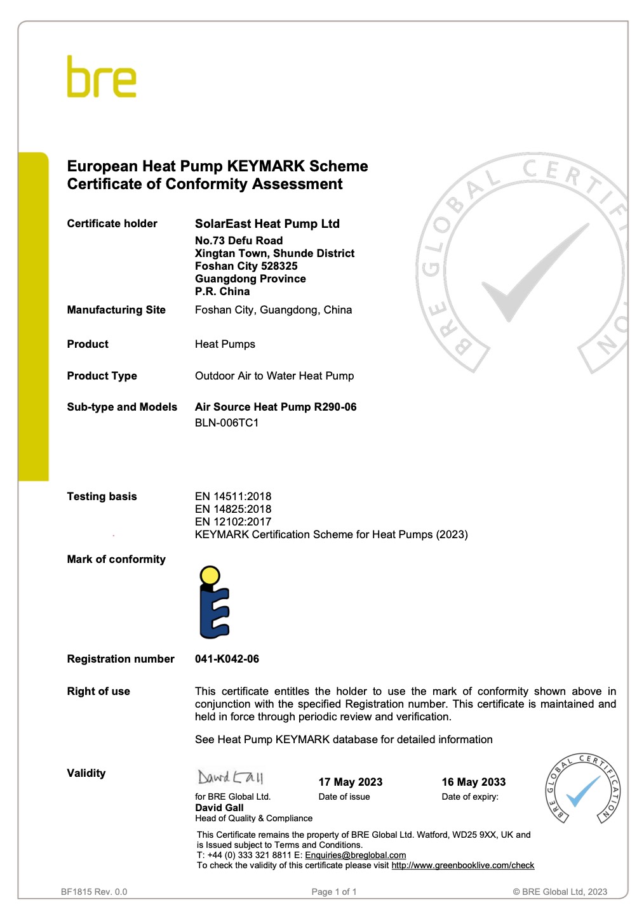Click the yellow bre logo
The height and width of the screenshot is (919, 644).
tap(102, 77)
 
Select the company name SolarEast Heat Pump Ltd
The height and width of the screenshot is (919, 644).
tap(267, 223)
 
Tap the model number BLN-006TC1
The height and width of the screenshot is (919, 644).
tap(227, 423)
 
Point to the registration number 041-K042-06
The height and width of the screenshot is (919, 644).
tap(227, 659)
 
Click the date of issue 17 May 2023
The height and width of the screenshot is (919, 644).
tap(351, 782)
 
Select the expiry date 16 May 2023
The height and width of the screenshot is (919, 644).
tap(474, 782)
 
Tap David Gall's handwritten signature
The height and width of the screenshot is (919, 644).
tap(230, 777)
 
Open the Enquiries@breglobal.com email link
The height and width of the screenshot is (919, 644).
tap(355, 855)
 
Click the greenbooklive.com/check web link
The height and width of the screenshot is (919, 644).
tap(462, 865)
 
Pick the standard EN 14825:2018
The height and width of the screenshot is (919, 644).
tap(233, 509)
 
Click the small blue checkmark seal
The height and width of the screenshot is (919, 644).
tap(582, 790)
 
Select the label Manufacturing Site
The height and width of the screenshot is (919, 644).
tap(116, 310)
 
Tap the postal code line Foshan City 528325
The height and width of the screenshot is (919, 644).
tap(246, 266)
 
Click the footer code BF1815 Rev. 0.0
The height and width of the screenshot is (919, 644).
tap(94, 892)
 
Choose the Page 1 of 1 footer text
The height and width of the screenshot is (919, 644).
tap(334, 892)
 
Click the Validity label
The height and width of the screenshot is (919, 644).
tap(86, 773)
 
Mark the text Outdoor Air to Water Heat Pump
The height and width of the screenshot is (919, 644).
tap(274, 376)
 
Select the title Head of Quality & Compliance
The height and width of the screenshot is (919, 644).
tap(253, 818)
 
